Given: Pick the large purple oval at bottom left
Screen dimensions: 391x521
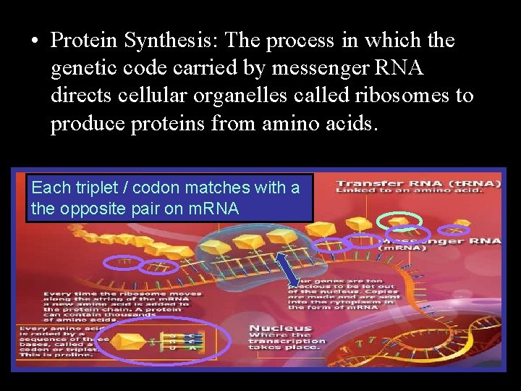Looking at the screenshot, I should (x=162, y=340).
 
